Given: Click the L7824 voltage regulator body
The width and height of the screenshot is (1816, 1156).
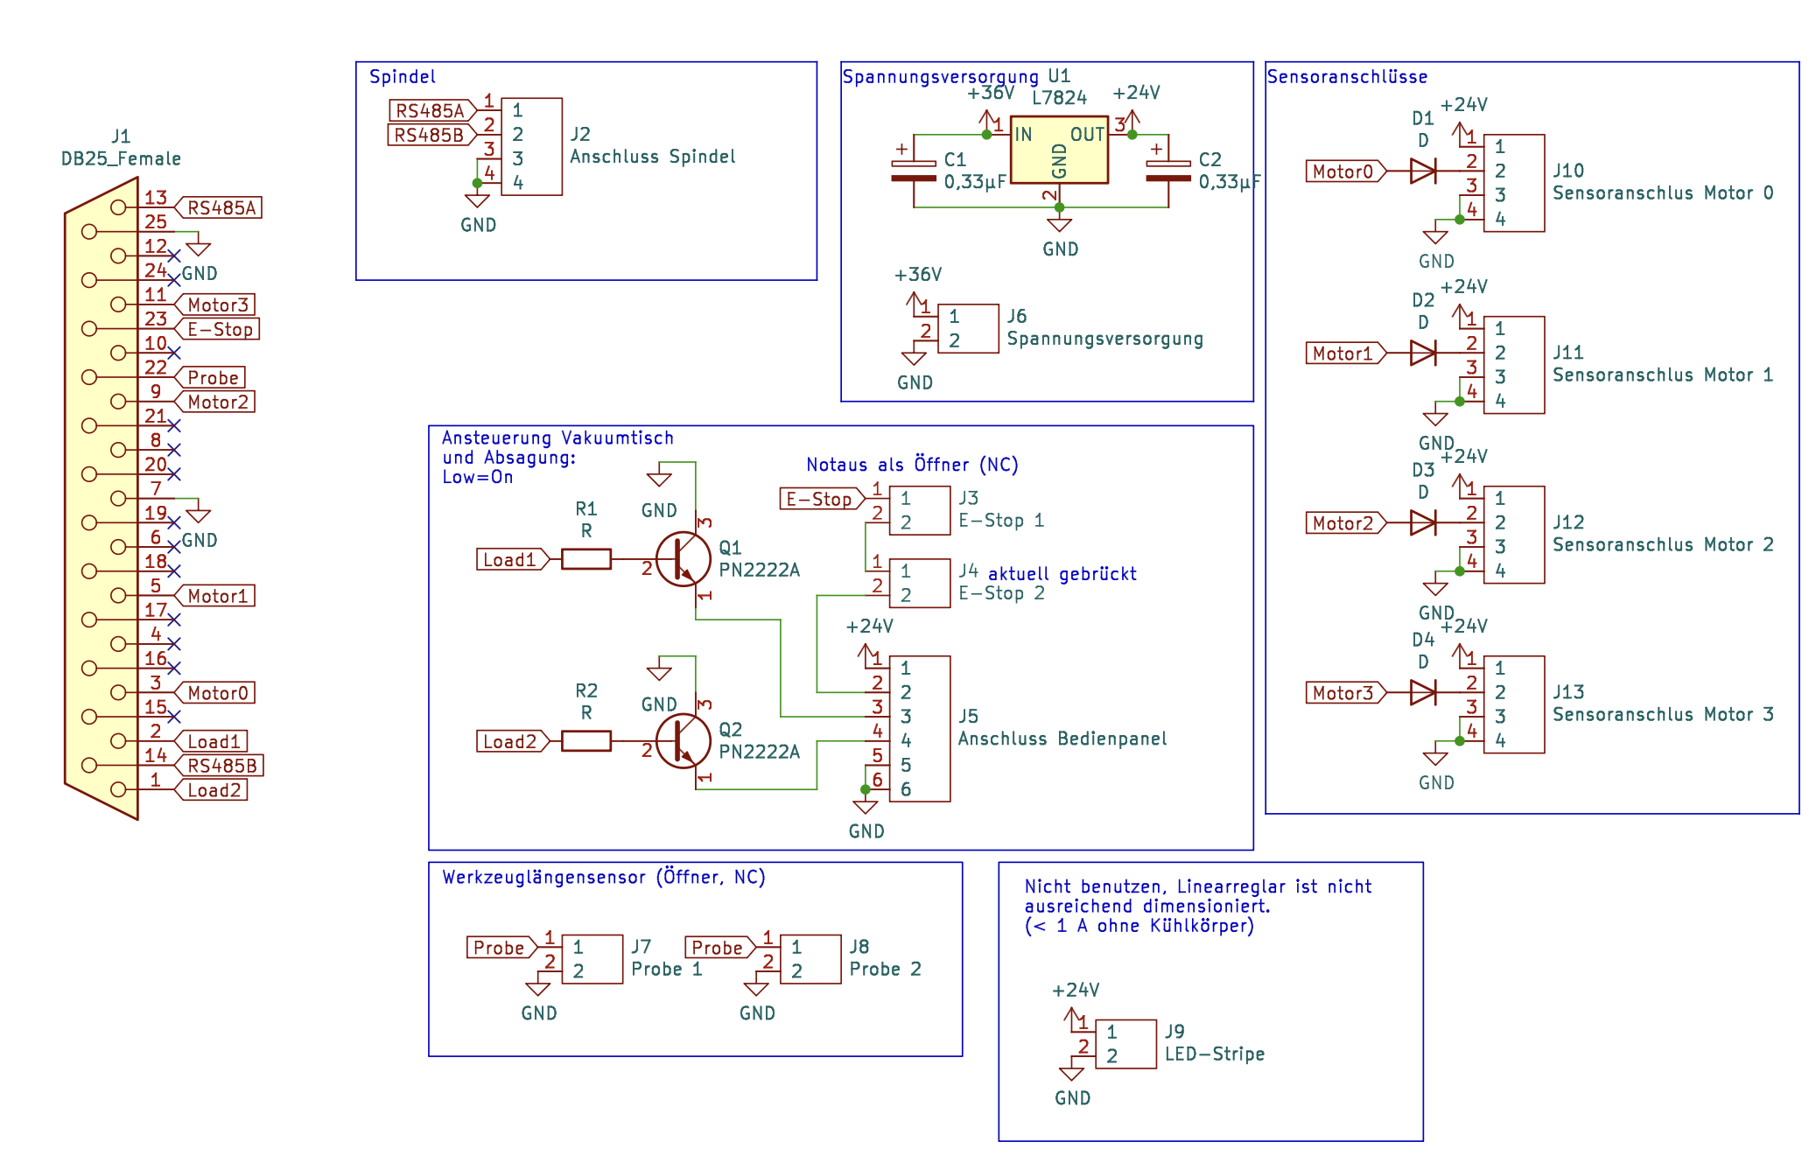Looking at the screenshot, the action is (x=1059, y=150).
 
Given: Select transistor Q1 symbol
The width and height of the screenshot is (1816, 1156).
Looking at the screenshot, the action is (x=684, y=559).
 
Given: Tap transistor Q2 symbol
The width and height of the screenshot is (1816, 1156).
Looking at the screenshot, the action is (x=684, y=740).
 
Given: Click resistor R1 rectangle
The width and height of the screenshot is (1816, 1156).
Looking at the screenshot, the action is (x=585, y=559).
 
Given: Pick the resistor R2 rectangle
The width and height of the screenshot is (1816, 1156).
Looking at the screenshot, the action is (x=585, y=741).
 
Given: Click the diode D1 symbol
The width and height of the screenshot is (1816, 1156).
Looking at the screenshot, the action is (x=1423, y=172).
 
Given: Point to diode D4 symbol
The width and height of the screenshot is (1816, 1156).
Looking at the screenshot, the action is (x=1423, y=693).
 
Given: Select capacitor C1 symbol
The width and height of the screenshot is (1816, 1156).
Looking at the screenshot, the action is (x=914, y=171).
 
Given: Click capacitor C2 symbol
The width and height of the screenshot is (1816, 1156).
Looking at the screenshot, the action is (x=1168, y=171).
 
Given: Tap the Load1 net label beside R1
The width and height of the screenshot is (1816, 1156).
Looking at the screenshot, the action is (x=513, y=559).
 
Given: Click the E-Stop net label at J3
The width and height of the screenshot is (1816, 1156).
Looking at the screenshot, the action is (x=822, y=499).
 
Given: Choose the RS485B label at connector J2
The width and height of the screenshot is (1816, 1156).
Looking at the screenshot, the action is (x=431, y=135).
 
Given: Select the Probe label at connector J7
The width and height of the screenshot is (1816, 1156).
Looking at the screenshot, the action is (x=501, y=948).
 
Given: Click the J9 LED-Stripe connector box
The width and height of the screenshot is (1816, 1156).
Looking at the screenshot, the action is (x=1126, y=1044).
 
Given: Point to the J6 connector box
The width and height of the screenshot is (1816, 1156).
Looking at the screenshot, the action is (x=968, y=328).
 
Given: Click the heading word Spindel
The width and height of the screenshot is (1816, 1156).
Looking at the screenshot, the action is (x=402, y=77).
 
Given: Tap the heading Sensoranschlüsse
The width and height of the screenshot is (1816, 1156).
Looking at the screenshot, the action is (x=1347, y=77).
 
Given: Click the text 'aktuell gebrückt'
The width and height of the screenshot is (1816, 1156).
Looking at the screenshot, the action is (x=1062, y=574).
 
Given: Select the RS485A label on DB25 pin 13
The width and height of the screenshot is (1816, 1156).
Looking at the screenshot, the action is (x=219, y=207).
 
